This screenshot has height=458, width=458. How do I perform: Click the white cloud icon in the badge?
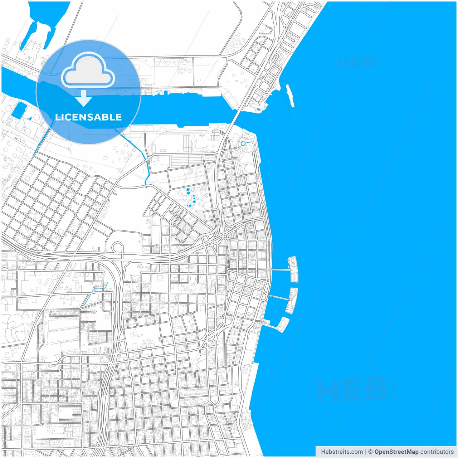point(88,70)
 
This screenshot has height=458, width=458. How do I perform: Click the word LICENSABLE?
point(88,117)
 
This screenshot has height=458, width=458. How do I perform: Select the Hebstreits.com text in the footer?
point(341,452)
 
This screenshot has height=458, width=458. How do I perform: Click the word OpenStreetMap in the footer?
point(396,452)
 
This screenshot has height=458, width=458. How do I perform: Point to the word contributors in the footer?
point(437,452)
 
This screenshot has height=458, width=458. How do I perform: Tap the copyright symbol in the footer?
point(370,452)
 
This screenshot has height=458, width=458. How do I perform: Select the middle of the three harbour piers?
point(293,300)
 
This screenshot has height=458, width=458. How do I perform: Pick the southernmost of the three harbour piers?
point(283,324)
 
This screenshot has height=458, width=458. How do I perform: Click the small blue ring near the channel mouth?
point(243,143)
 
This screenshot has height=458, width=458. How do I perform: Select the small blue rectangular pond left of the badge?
point(19,110)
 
